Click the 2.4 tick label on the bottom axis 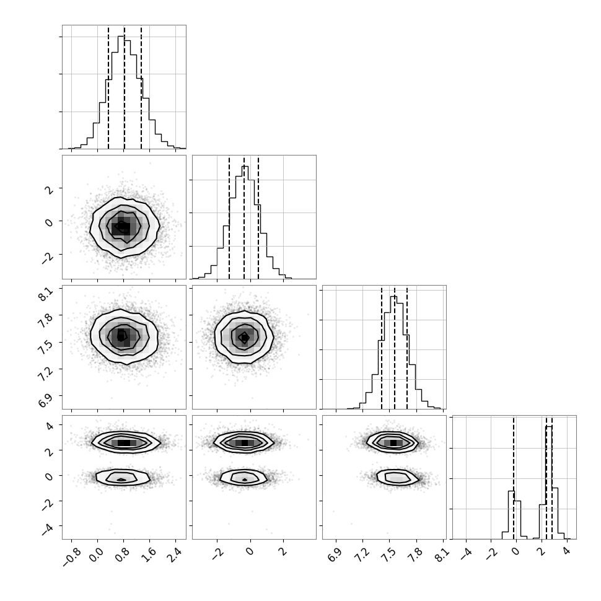point(176,554)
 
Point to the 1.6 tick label point(150,554)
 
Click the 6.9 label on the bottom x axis point(335,554)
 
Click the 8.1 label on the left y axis point(45,294)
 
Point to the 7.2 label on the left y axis point(45,375)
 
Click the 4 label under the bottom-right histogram point(568,550)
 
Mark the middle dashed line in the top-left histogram point(124,87)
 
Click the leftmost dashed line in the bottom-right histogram point(514,477)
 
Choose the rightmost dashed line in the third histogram point(407,347)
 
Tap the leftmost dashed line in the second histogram point(229,217)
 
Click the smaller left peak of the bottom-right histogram point(512,491)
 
